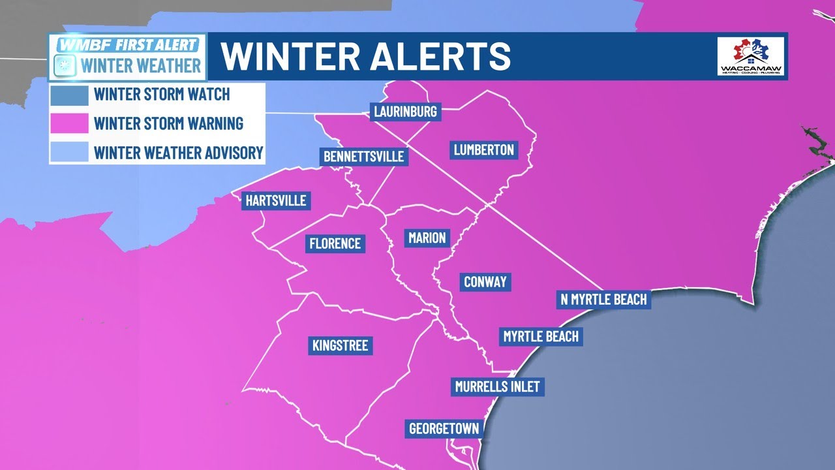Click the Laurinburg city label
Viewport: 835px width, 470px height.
point(405,112)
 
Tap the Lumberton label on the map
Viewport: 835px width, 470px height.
point(484,150)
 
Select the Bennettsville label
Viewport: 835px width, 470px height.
point(364,157)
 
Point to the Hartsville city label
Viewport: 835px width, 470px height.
point(275,200)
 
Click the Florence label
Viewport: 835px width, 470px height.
point(335,243)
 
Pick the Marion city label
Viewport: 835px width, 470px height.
point(427,238)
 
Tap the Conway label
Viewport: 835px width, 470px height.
point(485,282)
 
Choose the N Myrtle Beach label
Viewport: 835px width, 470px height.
point(604,299)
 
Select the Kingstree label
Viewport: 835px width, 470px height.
point(341,345)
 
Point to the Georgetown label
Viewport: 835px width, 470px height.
point(444,429)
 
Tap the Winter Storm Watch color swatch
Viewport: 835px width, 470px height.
point(69,95)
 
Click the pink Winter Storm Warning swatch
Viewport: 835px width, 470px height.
point(69,123)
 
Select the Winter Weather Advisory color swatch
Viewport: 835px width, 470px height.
point(69,152)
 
